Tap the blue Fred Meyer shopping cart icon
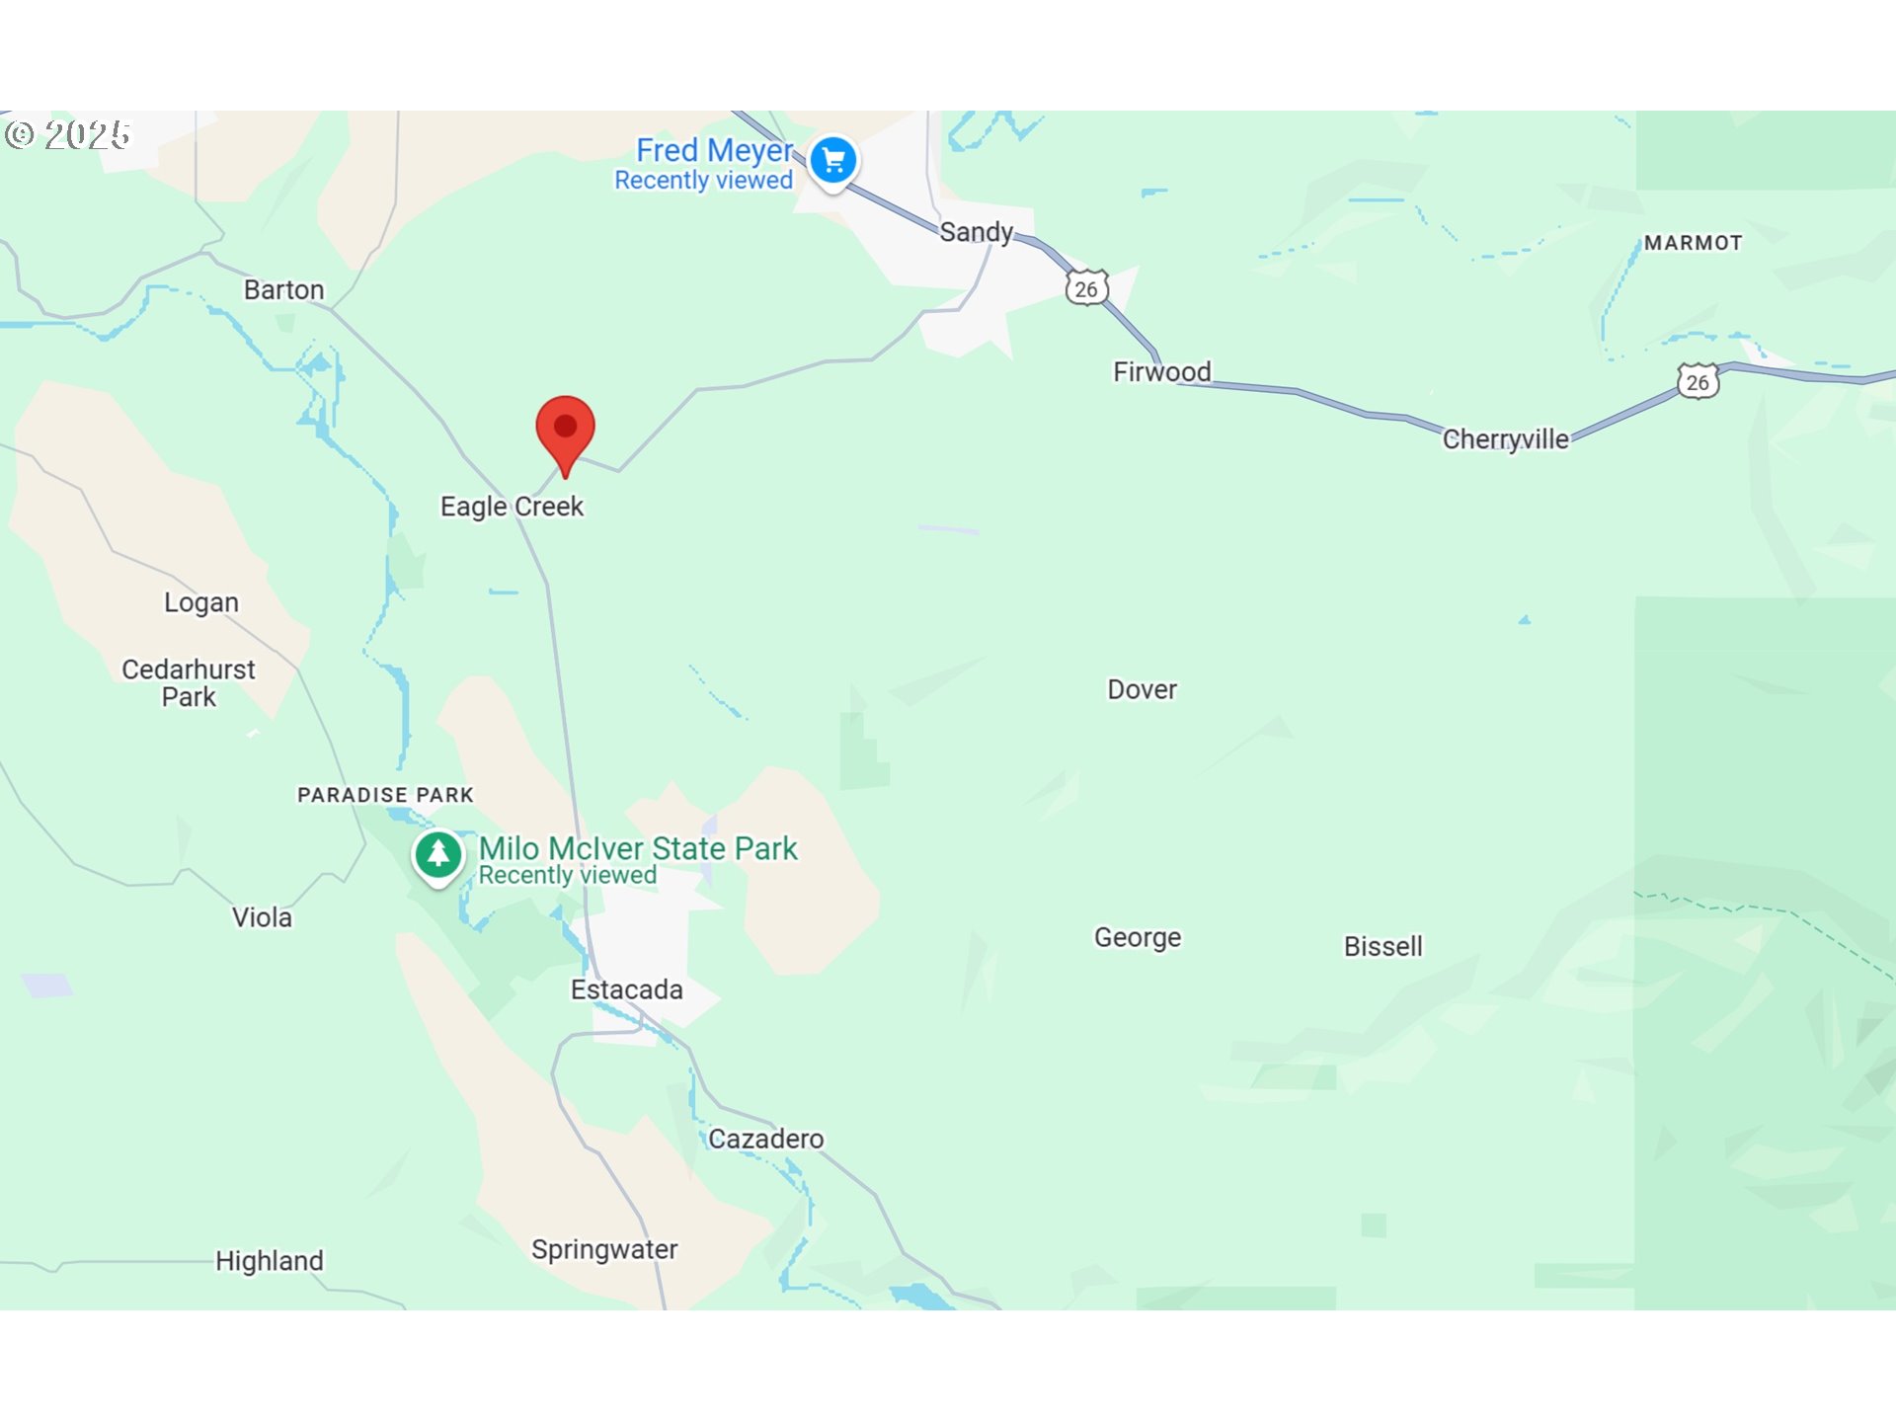[833, 160]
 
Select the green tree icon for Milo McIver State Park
[438, 854]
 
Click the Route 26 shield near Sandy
[1086, 288]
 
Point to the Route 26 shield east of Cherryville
[1698, 382]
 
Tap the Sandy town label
[976, 232]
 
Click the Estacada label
[626, 989]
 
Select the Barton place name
[283, 289]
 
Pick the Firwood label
[1161, 371]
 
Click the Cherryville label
[1505, 439]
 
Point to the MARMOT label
[1693, 243]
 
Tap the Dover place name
[1142, 689]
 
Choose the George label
[1137, 937]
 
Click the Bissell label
[1382, 946]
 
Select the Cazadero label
[765, 1139]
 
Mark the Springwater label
[604, 1249]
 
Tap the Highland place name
[269, 1261]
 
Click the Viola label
[262, 917]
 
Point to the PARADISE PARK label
[385, 795]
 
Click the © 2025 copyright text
[67, 134]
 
